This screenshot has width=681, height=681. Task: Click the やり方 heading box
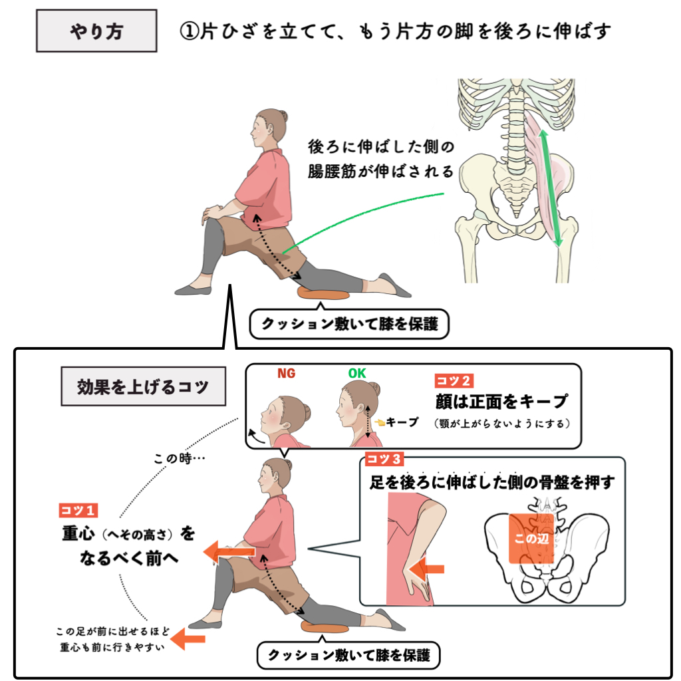point(96,31)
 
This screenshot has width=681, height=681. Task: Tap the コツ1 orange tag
point(78,510)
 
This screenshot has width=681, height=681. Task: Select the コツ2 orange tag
point(454,381)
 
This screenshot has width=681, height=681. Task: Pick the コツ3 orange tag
point(384,459)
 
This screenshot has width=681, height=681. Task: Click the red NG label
point(286,373)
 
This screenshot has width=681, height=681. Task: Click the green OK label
point(357,373)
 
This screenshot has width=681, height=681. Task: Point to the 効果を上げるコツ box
point(144,386)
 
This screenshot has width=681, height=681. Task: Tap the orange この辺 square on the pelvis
point(531,539)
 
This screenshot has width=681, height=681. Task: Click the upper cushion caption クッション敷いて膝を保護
point(350,324)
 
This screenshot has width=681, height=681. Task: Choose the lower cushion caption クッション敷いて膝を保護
point(348,655)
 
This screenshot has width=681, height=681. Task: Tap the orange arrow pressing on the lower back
point(426,569)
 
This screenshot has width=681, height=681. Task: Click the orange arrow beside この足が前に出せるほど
point(188,638)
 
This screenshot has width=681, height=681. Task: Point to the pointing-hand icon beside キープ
point(380,422)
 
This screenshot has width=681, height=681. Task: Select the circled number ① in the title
point(190,31)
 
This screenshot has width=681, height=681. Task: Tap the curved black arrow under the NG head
point(256,437)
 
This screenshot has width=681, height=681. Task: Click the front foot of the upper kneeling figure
point(193,289)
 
